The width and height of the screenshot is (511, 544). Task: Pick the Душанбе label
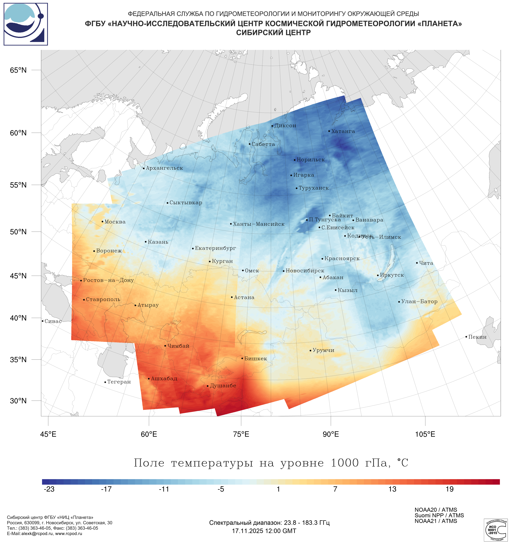(x=223, y=386)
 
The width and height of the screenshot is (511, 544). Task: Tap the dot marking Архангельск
(x=144, y=168)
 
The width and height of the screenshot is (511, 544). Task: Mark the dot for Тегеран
(x=105, y=382)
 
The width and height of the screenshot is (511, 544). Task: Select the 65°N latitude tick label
(x=18, y=70)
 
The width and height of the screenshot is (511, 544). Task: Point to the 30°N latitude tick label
(x=18, y=401)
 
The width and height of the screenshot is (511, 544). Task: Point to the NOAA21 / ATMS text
(x=436, y=521)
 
